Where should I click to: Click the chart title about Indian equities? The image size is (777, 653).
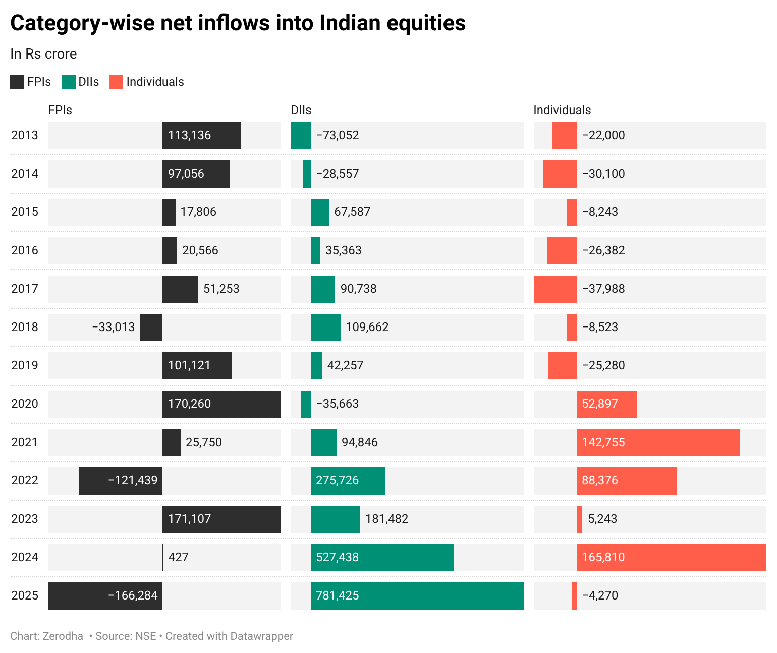click(x=238, y=23)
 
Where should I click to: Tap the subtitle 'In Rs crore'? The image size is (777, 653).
click(x=43, y=54)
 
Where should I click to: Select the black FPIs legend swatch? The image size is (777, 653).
click(x=17, y=82)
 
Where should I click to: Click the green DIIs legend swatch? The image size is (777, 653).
click(x=69, y=82)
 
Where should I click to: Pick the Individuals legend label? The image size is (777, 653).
click(x=155, y=82)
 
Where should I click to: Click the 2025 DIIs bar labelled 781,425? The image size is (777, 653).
click(x=417, y=595)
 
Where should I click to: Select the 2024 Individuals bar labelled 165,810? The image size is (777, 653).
click(x=671, y=557)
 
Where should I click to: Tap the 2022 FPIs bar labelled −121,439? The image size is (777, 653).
click(x=121, y=480)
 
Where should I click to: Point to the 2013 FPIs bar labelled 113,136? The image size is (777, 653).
click(x=201, y=135)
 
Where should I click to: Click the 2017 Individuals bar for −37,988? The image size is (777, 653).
click(x=555, y=289)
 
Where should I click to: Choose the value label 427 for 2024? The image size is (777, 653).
click(x=178, y=557)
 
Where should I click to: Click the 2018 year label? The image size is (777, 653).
click(x=25, y=327)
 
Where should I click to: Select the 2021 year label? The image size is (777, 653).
click(x=25, y=442)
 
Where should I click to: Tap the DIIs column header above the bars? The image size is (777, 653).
click(x=301, y=110)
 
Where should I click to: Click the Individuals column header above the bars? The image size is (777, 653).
click(x=562, y=110)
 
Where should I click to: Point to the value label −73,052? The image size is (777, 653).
click(x=338, y=135)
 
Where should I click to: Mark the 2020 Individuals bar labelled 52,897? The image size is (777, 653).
click(x=606, y=404)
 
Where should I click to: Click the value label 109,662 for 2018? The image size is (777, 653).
click(x=367, y=327)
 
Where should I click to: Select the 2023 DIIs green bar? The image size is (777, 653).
click(x=335, y=519)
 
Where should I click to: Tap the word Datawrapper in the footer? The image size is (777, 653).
click(x=261, y=636)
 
